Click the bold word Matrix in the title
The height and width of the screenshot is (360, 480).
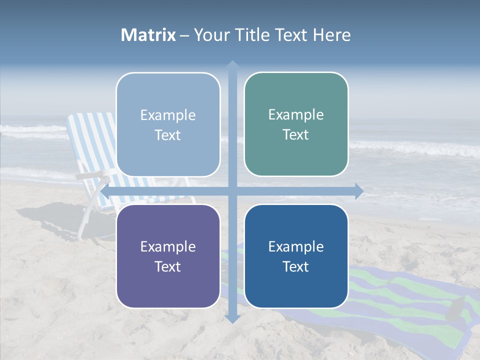coord(148,35)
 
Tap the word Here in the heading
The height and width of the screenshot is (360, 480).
coord(331,35)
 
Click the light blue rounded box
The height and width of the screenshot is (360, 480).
coord(168,124)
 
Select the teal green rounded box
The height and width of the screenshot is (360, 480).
coord(296,124)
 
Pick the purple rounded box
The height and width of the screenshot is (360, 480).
coord(168,256)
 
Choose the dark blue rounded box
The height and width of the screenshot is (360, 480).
coord(296,256)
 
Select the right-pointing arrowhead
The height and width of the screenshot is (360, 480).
coord(359,191)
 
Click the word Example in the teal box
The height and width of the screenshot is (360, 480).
coord(296,114)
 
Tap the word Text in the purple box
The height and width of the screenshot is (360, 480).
coord(168,266)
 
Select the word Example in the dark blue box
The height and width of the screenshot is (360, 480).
coord(296,246)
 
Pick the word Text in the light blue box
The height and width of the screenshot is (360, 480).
coord(168,135)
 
